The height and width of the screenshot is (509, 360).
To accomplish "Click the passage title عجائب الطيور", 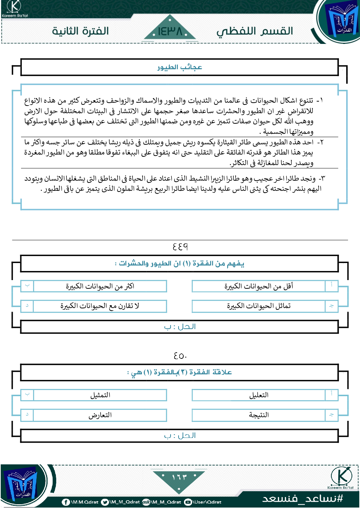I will point(180,67).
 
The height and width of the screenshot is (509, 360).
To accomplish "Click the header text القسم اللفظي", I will point(255,31).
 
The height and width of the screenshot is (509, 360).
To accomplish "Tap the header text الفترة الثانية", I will point(80,31).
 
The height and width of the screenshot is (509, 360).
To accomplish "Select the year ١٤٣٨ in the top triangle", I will point(170,32).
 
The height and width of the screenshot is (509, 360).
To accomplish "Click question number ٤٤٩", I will point(180,247).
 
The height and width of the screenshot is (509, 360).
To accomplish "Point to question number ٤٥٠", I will point(180,356).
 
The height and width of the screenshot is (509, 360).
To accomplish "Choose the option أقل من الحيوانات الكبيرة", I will point(258,286).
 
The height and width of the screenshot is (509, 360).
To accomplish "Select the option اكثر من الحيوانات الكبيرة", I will point(100,286).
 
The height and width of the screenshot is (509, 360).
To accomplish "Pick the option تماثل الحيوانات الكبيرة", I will point(258,306).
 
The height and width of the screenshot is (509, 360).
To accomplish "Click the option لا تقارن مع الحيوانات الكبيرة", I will point(100,306).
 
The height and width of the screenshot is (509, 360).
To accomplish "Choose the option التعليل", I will point(258,395).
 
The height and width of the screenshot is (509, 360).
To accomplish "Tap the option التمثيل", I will point(100,395).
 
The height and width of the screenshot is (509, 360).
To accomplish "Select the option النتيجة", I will point(258,415).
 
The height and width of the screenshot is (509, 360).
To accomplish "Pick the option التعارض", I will point(100,415).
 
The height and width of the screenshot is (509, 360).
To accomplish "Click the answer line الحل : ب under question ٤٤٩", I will point(180,327).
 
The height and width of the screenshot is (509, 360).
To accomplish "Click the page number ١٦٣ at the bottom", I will point(179,477).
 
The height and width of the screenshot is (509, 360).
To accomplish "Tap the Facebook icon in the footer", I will point(66,502).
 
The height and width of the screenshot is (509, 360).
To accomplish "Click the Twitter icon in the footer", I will point(105,502).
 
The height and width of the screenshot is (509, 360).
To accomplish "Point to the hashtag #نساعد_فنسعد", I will point(303,498).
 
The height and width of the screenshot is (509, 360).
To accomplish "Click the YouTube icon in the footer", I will point(188,502).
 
